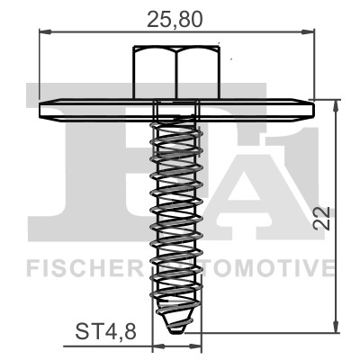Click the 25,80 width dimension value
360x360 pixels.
pyautogui.click(x=176, y=15)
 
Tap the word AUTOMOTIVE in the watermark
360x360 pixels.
pyautogui.click(x=261, y=267)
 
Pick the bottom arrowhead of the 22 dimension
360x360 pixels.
pyautogui.click(x=337, y=327)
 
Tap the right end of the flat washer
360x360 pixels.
pyautogui.click(x=311, y=109)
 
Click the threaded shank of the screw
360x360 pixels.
pyautogui.click(x=176, y=216)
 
